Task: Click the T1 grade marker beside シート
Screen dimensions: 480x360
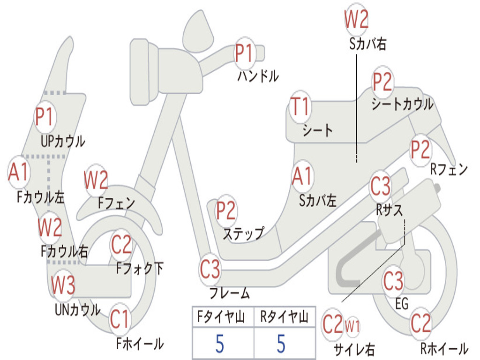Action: point(300,107)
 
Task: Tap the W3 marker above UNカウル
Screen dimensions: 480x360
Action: point(63,285)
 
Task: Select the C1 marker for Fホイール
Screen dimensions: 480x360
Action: point(120,321)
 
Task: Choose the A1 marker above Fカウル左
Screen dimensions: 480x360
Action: point(19,172)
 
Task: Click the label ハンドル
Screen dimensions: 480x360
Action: point(258,76)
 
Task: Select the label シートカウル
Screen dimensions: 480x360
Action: point(402,104)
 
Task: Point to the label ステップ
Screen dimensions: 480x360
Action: point(243,233)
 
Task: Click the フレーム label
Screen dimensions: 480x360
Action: point(229,294)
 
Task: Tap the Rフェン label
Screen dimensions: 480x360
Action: point(449,169)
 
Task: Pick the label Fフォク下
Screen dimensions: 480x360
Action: point(140,269)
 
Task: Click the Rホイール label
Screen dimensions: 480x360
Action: point(444,349)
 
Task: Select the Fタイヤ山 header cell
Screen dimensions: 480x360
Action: point(223,317)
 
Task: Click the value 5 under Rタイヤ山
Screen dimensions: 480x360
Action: point(281,344)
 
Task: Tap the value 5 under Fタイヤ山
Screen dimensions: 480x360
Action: point(219,344)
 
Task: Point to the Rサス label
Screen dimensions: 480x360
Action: point(389,210)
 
